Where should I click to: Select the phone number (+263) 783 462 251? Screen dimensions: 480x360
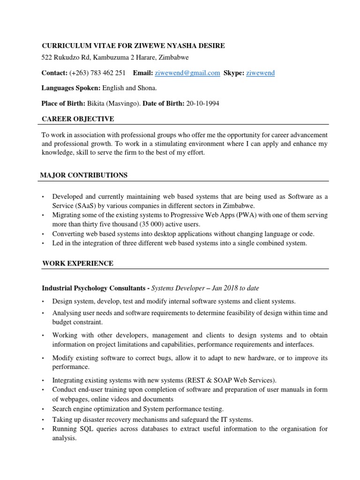97,73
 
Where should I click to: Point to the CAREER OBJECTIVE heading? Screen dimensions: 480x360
78,119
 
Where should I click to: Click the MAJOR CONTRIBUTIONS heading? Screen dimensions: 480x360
84,175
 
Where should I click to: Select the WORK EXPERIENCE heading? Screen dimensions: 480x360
77,263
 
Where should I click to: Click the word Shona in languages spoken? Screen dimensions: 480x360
148,88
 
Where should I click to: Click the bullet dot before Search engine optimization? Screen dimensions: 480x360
43,410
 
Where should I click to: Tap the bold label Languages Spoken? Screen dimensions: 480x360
70,88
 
